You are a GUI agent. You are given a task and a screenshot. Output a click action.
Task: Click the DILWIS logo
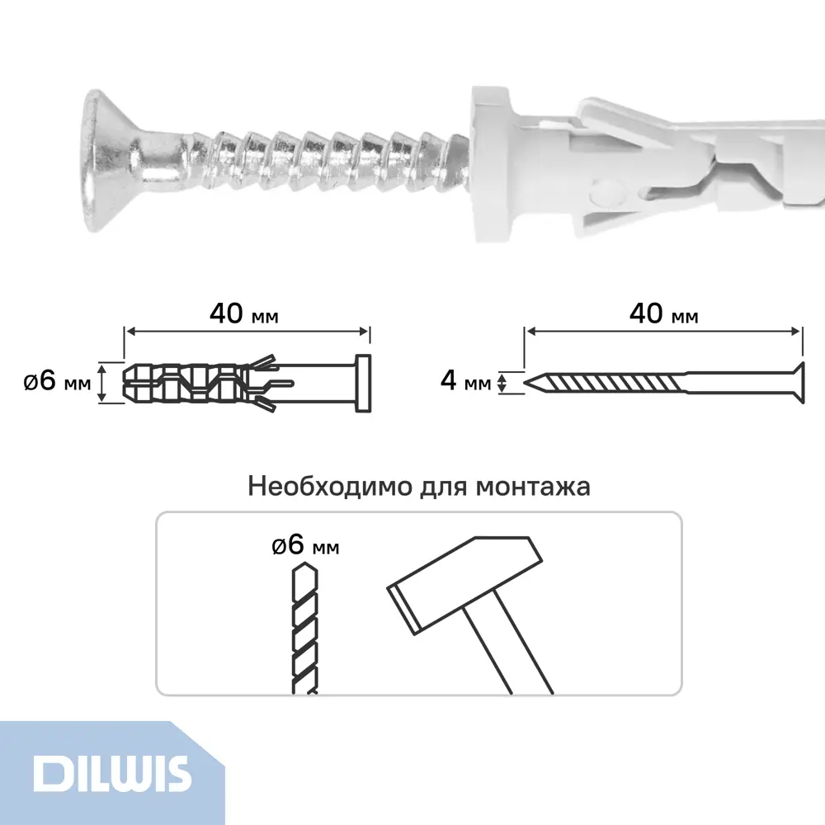111,774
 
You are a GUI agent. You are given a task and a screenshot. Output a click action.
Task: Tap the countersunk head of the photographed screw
108,161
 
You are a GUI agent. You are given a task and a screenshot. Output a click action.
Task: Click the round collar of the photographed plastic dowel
490,163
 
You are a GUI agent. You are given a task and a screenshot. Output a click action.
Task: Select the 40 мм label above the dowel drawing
243,313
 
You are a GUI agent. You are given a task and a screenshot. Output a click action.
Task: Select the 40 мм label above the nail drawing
663,313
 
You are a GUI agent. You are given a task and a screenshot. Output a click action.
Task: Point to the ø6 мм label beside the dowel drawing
57,380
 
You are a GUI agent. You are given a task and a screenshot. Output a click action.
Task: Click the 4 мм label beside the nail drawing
465,380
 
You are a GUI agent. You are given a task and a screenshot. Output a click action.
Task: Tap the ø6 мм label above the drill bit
305,545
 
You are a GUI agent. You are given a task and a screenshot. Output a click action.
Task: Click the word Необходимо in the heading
330,486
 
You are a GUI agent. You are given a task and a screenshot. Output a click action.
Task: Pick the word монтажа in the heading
532,488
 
